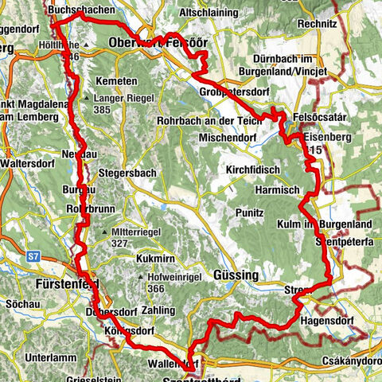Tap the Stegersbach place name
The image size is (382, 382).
tap(127, 171)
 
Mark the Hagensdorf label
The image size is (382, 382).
tap(327, 319)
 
